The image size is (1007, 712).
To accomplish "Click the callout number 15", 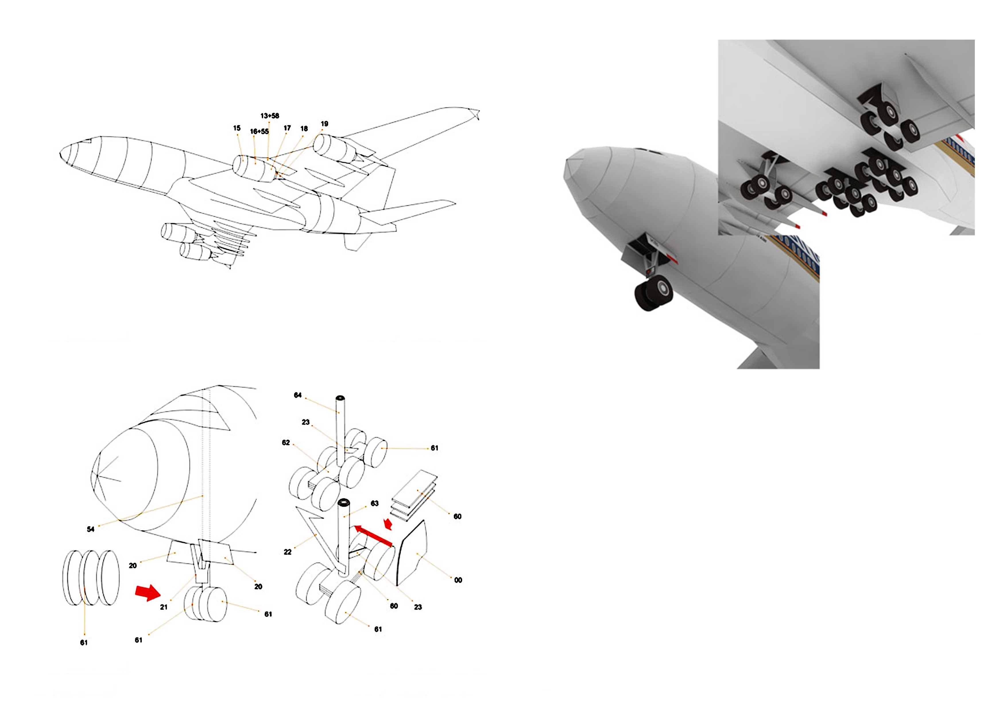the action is point(237,128).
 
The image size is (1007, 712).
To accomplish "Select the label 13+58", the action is point(270,116).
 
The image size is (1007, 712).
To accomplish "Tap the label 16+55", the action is point(259,131).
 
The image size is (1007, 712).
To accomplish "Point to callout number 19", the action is point(325,124).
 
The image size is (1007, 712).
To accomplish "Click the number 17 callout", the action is point(287,128).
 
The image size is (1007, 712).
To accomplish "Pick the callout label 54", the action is point(90,529).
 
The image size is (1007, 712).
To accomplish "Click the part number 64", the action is point(298,395).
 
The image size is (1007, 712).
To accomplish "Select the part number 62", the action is point(286,443).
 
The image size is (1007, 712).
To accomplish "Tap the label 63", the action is point(375,503).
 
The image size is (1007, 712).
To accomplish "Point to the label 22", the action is point(288,552).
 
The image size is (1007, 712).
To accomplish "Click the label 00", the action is point(458,580).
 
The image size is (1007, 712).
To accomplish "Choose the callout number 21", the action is point(164,607).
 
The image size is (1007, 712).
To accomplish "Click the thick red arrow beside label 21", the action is point(148,592).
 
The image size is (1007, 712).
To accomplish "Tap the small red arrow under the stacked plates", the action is point(388,524).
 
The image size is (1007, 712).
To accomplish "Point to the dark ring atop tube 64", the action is point(341,398).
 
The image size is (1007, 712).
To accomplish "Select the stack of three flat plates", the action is point(415,496).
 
